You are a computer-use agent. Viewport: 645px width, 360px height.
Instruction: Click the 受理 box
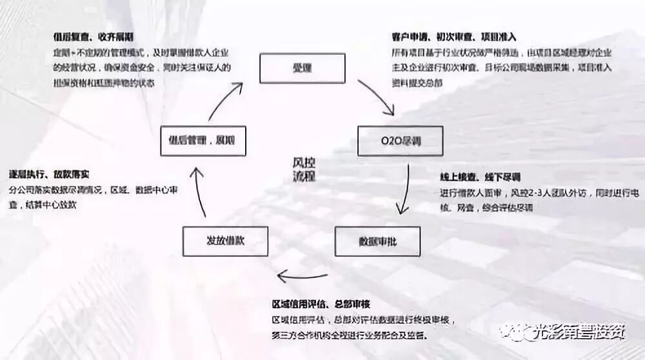pos(302,68)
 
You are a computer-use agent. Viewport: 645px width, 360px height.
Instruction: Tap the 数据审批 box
pos(377,241)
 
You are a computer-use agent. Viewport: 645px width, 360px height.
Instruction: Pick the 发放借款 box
pos(225,241)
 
